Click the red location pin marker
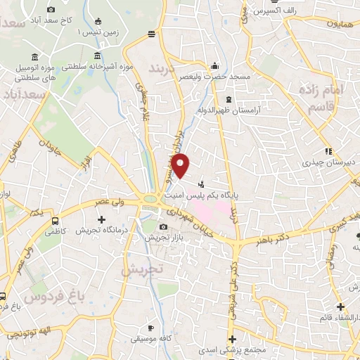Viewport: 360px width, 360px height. click(181, 166)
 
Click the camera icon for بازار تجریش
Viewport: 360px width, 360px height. click(164, 227)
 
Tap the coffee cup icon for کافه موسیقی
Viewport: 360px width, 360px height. click(150, 328)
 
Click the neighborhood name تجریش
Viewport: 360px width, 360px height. click(141, 269)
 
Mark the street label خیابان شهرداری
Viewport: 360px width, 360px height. click(192, 219)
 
